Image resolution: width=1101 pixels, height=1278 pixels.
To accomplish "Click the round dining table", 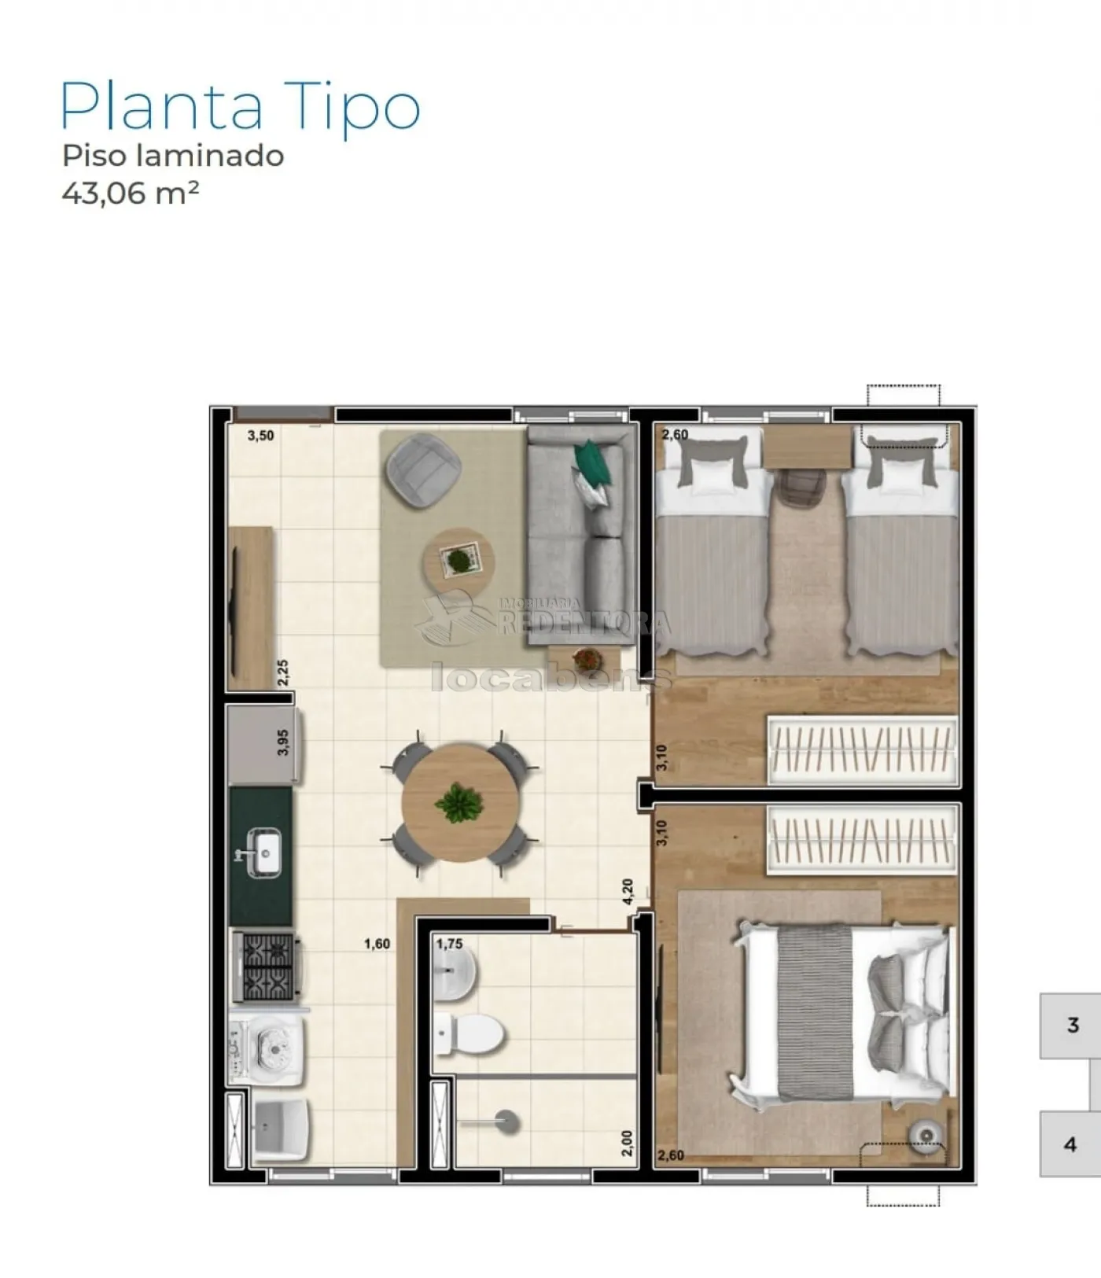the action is coord(459,803).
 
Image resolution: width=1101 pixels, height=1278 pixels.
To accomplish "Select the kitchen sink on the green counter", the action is coord(263,851).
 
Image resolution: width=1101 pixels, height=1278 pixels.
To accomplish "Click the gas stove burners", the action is coord(267,967).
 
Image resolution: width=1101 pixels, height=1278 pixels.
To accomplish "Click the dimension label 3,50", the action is coord(261,436).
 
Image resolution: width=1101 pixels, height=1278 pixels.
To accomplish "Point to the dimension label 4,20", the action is coord(628,892).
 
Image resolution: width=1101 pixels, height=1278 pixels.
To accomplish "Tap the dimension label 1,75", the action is coord(449,944).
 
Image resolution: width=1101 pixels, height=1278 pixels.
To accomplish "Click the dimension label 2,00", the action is coord(627,1143).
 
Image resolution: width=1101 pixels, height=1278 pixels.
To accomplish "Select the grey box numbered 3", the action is coord(1070,1026).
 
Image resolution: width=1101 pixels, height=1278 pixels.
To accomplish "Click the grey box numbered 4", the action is coord(1070,1144).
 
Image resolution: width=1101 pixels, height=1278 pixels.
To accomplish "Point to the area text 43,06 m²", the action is coord(131,193).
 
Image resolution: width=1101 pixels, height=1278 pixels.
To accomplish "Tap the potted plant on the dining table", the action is coord(458,804).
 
